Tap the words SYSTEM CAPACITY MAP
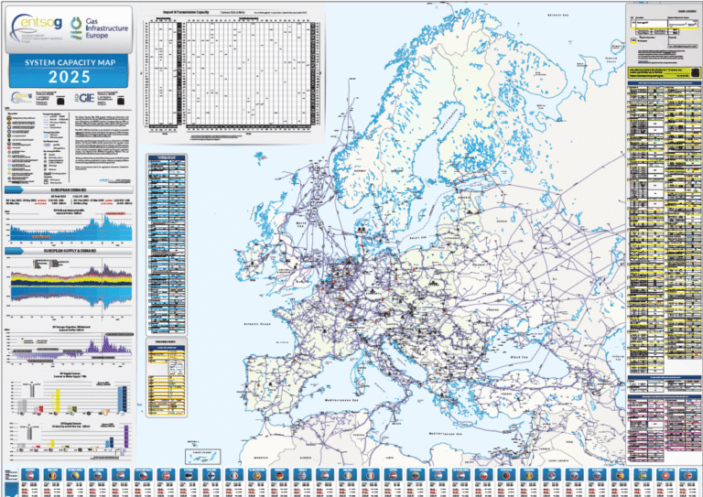[x=70, y=62]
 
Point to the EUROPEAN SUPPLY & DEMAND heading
[x=70, y=249]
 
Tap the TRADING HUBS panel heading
[x=168, y=342]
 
